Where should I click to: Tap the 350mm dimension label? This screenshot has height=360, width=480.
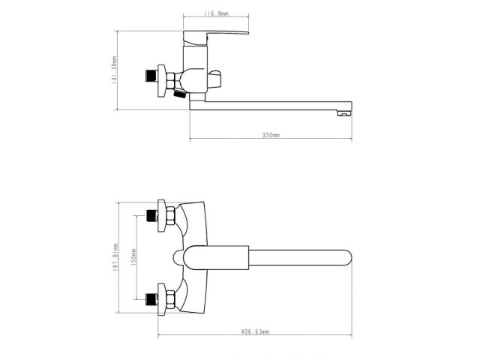(x=271, y=136)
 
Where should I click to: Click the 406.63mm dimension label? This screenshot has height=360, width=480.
(x=255, y=331)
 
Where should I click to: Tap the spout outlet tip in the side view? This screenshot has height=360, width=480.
(x=346, y=112)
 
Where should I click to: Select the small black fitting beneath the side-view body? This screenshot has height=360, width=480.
(x=179, y=94)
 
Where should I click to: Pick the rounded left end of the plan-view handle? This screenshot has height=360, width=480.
(x=177, y=257)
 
